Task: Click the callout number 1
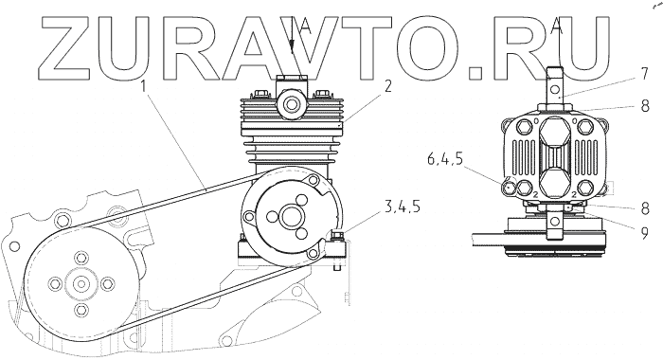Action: pyautogui.click(x=144, y=87)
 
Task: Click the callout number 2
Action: pyautogui.click(x=387, y=86)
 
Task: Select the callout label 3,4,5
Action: pyautogui.click(x=402, y=207)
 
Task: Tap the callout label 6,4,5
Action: pyautogui.click(x=445, y=159)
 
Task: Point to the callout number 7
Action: pyautogui.click(x=644, y=74)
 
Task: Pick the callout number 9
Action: pyautogui.click(x=644, y=233)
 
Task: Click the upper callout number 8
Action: pyautogui.click(x=645, y=106)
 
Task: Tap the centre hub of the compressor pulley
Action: pyautogui.click(x=291, y=217)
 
